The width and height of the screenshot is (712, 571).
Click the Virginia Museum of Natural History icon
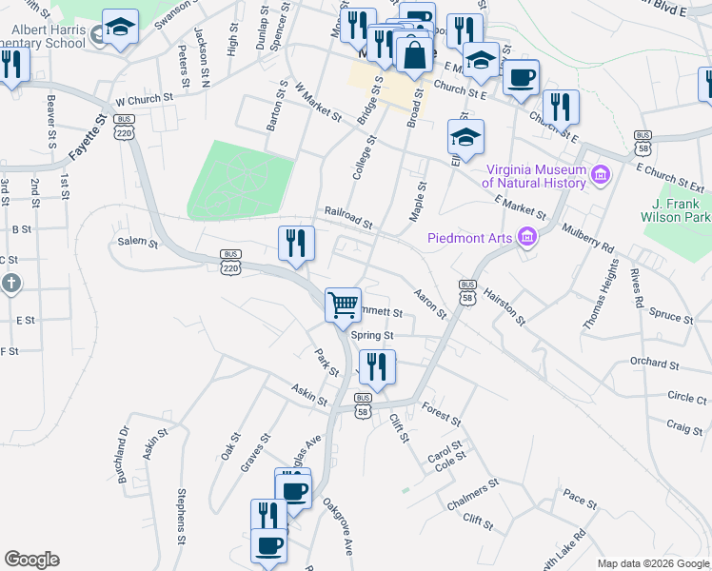[601, 174]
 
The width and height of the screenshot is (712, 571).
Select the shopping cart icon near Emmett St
[343, 305]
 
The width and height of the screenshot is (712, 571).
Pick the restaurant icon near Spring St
[377, 367]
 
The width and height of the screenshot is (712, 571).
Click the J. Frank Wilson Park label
[682, 210]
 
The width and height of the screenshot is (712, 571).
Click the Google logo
[31, 560]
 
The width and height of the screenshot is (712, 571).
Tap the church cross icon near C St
[10, 283]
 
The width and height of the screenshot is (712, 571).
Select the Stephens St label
[180, 516]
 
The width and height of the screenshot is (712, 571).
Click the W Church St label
[144, 98]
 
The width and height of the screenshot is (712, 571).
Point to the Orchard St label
[654, 364]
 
